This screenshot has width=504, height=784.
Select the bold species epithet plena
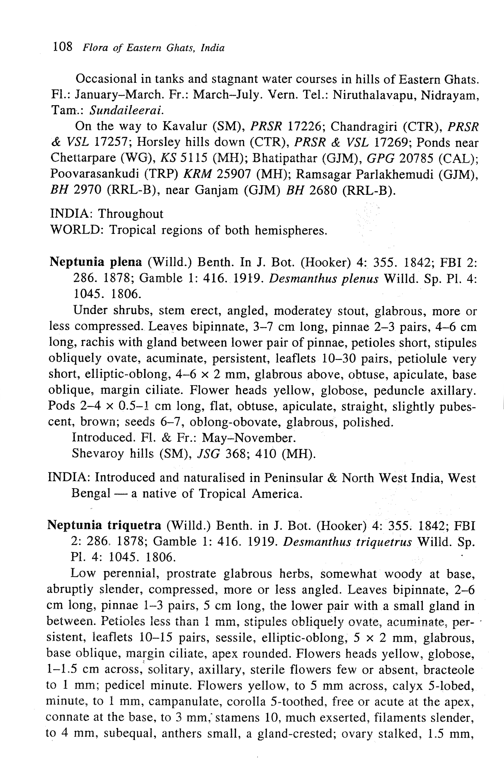tap(126, 262)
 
